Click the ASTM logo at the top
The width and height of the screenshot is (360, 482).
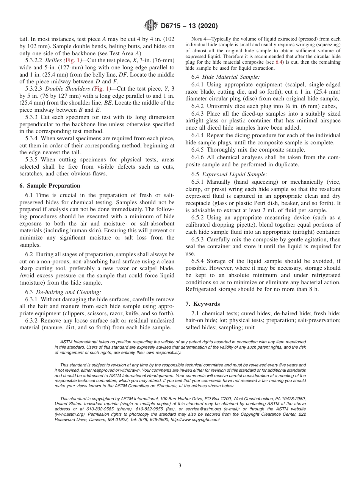point(150,26)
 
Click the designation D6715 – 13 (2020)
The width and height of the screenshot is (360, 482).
point(189,26)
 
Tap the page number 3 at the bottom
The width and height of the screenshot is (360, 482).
point(180,466)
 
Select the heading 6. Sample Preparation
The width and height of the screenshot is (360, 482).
point(50,186)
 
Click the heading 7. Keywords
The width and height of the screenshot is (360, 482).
point(202,304)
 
